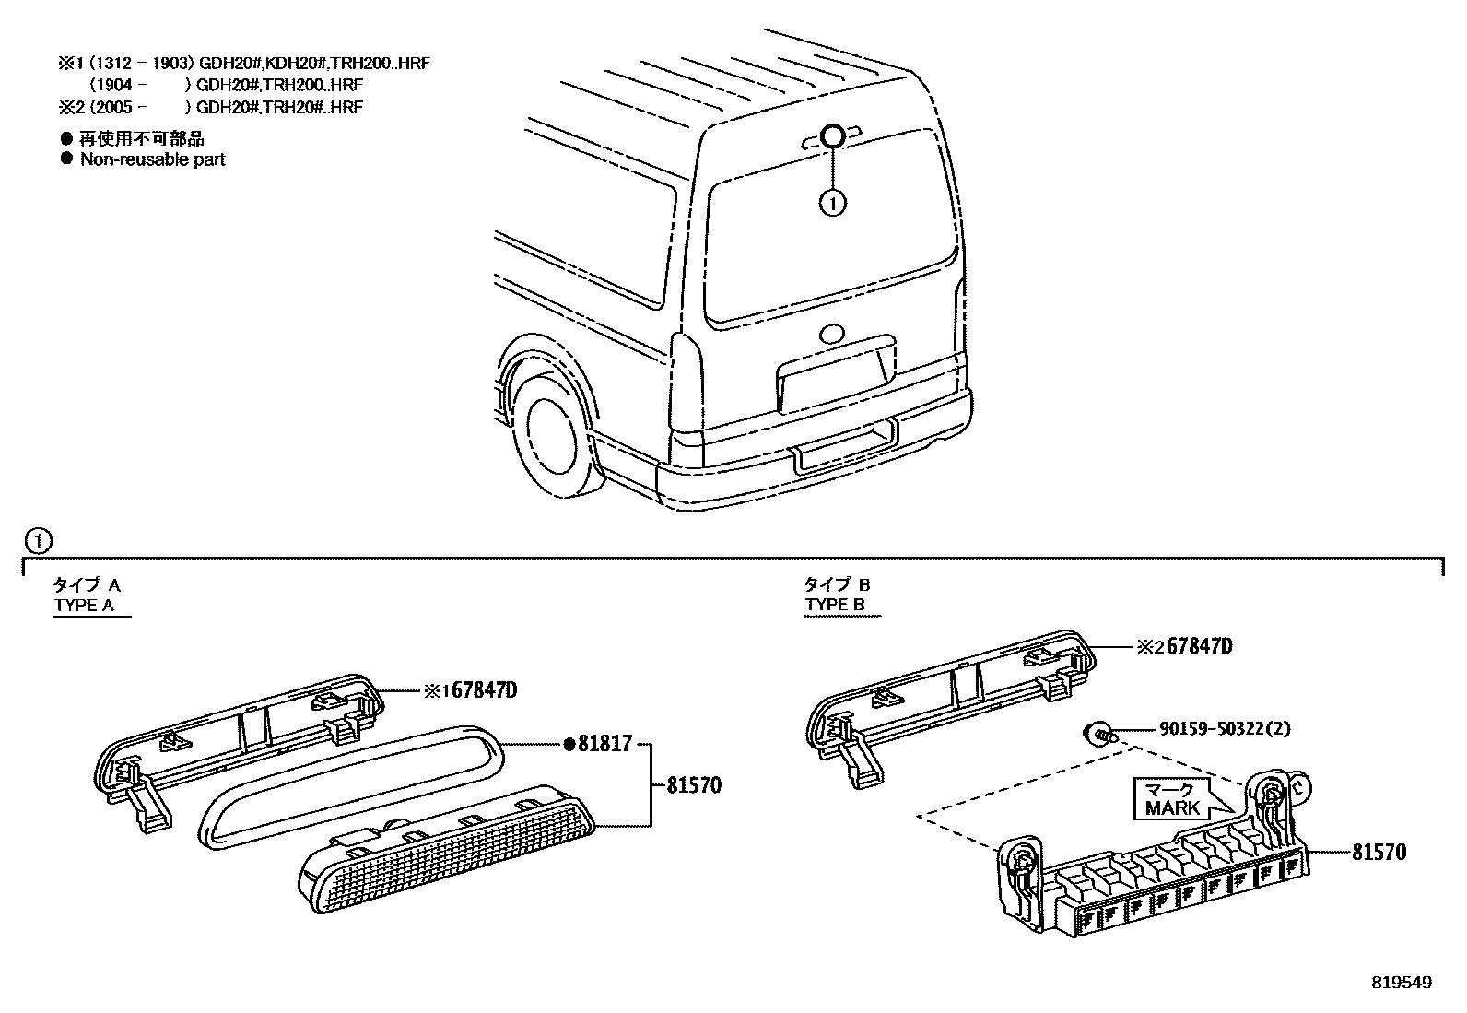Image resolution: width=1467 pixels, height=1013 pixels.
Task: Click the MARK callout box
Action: pyautogui.click(x=1171, y=799)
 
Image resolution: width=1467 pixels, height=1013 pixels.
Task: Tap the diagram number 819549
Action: pyautogui.click(x=1401, y=983)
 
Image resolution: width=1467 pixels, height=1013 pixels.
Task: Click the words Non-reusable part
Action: pyautogui.click(x=152, y=159)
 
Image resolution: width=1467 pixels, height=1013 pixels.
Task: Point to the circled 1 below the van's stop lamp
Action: pyautogui.click(x=832, y=203)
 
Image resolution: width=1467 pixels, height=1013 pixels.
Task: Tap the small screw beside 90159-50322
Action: pyautogui.click(x=1098, y=733)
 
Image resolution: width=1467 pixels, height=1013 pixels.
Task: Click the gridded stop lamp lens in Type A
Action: pyautogui.click(x=447, y=848)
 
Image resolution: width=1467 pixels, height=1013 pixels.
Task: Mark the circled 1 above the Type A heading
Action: pyautogui.click(x=37, y=539)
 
